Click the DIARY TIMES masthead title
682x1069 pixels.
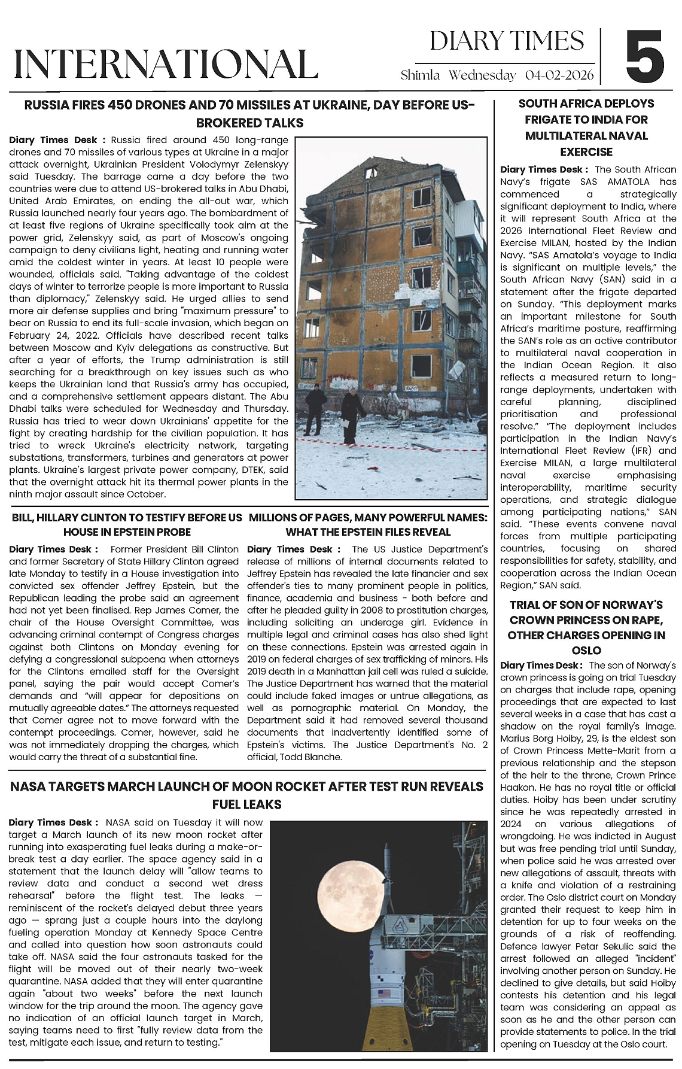pos(507,41)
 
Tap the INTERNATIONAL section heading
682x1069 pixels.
pos(165,63)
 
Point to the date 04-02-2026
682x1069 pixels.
pos(559,75)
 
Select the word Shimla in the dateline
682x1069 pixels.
pos(420,75)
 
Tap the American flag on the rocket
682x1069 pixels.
pos(385,993)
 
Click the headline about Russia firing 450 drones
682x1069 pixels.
pos(248,114)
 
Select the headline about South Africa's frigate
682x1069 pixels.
pos(586,127)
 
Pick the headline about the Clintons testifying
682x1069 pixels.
pos(127,524)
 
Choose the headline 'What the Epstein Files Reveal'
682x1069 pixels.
pos(367,532)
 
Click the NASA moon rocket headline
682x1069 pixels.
pos(246,794)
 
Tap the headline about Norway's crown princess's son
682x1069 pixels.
pos(586,627)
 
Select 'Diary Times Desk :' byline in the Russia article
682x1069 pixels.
pos(57,140)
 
